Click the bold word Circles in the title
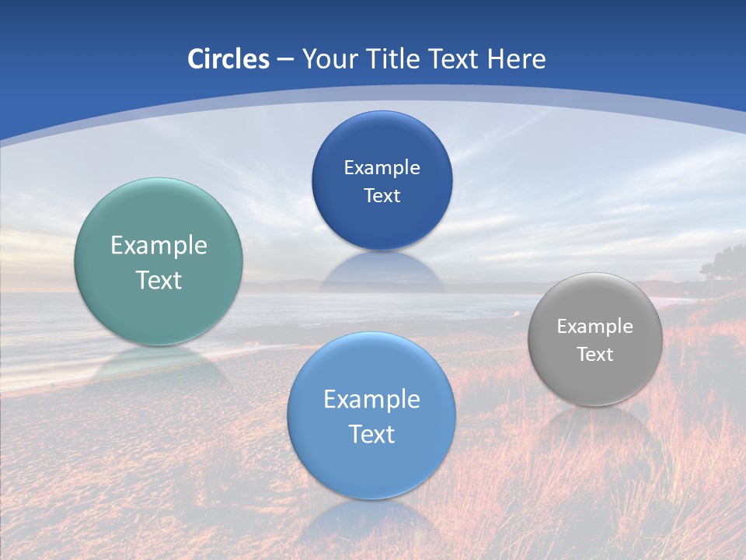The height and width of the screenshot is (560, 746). (228, 59)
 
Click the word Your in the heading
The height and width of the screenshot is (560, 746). (329, 59)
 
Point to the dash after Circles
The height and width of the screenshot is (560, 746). (285, 60)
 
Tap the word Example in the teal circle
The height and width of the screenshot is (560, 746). (159, 246)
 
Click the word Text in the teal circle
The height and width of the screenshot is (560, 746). (159, 280)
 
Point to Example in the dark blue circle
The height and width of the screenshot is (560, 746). (382, 168)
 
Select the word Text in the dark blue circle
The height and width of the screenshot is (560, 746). (382, 196)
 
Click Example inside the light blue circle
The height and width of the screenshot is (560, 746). (371, 400)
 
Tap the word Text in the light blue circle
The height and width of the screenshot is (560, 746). (371, 434)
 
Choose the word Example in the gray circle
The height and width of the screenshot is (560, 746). (595, 327)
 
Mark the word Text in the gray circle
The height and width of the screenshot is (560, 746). (595, 355)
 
